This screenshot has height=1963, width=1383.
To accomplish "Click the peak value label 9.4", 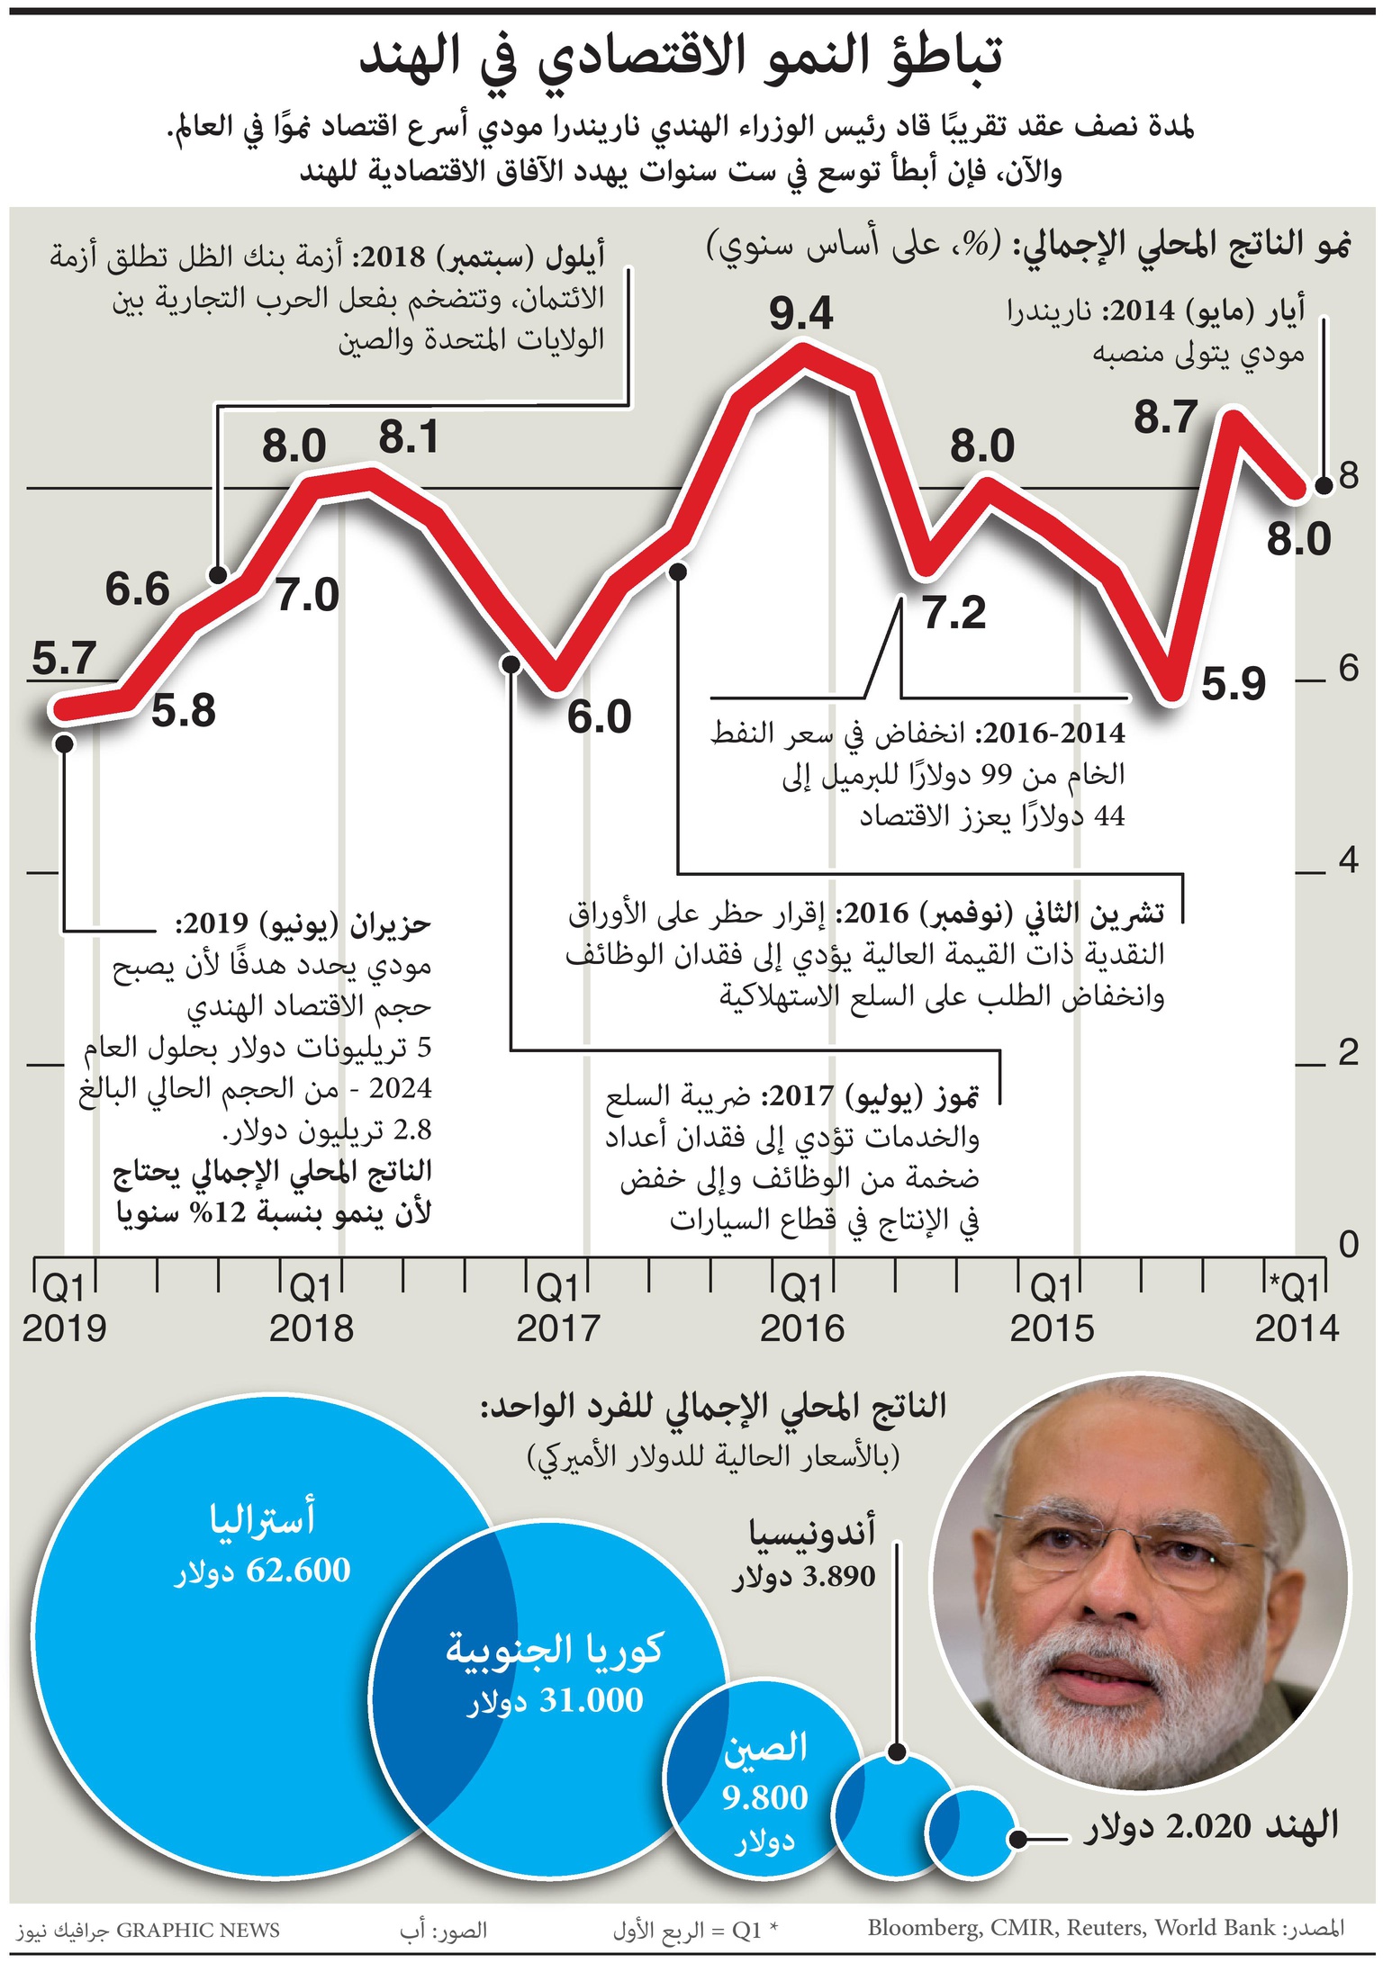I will coord(800,314).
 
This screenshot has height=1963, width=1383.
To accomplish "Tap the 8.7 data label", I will coord(1165,418).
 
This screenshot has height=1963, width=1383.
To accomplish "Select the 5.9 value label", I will coord(1233,685).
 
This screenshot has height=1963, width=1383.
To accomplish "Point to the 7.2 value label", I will coord(954,614).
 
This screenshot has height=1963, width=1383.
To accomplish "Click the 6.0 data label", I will coord(599,717).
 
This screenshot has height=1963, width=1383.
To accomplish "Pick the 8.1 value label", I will coord(408,438).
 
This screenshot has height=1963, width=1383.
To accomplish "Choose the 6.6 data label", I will coord(137,590).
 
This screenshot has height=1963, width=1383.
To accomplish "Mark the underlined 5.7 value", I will coord(63,660).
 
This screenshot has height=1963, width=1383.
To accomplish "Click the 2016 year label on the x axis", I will coord(801,1328).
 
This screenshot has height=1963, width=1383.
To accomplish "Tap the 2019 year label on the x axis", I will coord(64,1328).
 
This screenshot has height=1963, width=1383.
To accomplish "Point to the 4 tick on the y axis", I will coord(1347,860).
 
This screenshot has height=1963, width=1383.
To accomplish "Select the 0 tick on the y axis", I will coord(1347,1244).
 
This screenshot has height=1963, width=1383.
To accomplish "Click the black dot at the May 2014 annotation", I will coord(1324,486).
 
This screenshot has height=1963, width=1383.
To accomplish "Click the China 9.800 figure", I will coord(764,1797).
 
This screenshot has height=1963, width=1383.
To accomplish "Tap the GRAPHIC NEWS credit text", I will coord(198,1930).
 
